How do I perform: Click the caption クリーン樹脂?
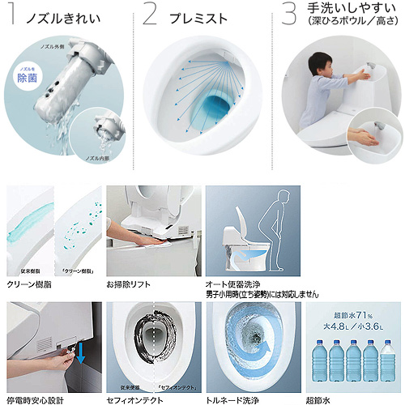tap(30, 286)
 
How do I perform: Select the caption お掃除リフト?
tap(130, 286)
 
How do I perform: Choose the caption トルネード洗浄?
tap(234, 399)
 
